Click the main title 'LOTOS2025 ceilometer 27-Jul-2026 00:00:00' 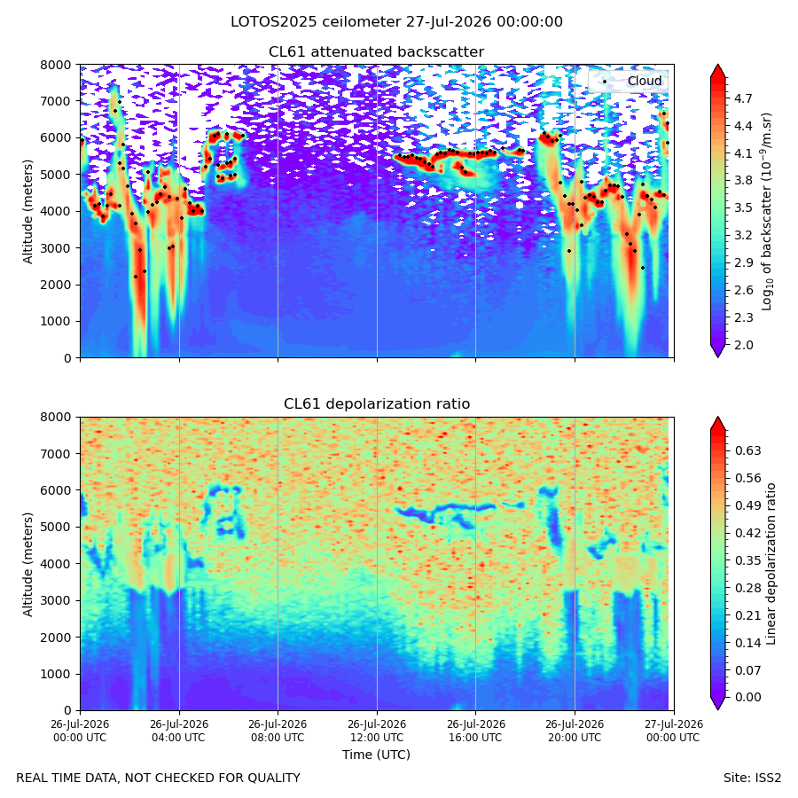(x=396, y=22)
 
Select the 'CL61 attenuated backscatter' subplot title (x=377, y=52)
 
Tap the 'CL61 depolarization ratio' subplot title (x=377, y=404)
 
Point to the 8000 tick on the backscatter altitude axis (x=56, y=65)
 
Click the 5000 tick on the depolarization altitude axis (x=56, y=528)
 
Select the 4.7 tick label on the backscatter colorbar (x=743, y=98)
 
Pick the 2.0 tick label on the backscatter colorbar (x=743, y=345)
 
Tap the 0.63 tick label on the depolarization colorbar (x=747, y=451)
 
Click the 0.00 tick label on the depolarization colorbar (x=747, y=697)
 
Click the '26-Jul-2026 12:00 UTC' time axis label (x=377, y=731)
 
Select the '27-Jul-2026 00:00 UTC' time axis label (x=674, y=731)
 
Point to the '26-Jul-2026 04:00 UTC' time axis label (x=179, y=731)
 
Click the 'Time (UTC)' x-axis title (x=376, y=755)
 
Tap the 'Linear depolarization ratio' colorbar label (x=771, y=564)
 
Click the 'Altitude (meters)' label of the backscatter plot (x=27, y=212)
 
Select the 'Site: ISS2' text (x=752, y=778)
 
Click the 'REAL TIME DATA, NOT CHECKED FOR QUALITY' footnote (x=159, y=778)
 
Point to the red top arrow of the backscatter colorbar (x=717, y=71)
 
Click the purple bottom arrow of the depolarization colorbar (x=717, y=703)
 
